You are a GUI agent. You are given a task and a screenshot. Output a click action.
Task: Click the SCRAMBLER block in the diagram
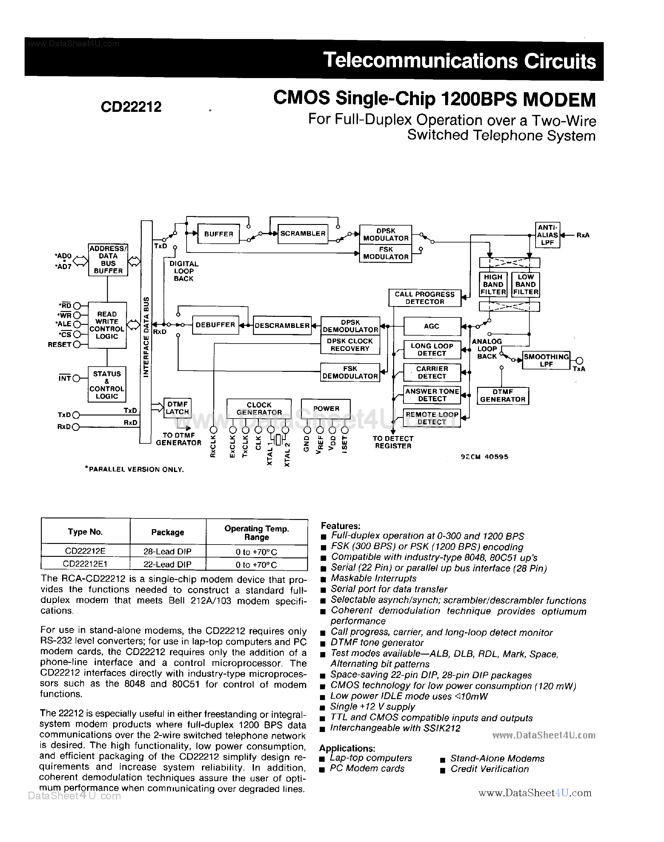click(x=302, y=234)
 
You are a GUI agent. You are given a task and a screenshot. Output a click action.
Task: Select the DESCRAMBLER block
click(x=282, y=326)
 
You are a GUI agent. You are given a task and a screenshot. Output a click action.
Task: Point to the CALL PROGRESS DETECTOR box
click(x=425, y=298)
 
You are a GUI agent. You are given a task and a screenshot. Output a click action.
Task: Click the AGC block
click(x=432, y=326)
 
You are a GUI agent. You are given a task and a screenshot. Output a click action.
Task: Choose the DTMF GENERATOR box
click(x=502, y=396)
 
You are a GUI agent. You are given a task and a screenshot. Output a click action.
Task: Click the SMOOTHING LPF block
click(x=546, y=360)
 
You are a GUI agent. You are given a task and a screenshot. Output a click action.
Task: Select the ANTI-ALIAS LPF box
click(x=547, y=235)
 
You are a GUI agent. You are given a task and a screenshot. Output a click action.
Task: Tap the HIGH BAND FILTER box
click(x=493, y=285)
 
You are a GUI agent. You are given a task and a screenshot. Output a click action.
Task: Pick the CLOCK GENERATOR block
click(x=259, y=408)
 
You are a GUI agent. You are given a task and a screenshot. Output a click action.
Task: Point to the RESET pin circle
click(x=77, y=344)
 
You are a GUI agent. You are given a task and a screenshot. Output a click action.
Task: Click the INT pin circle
click(x=76, y=378)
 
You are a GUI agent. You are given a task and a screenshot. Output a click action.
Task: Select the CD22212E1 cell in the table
click(x=85, y=564)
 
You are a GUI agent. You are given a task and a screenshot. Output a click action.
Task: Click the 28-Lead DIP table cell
click(x=168, y=551)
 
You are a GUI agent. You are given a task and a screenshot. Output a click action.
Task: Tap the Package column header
click(x=168, y=532)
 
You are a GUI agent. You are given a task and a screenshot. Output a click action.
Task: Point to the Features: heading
click(x=341, y=526)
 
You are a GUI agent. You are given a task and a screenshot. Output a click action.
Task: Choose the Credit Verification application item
click(x=489, y=769)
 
